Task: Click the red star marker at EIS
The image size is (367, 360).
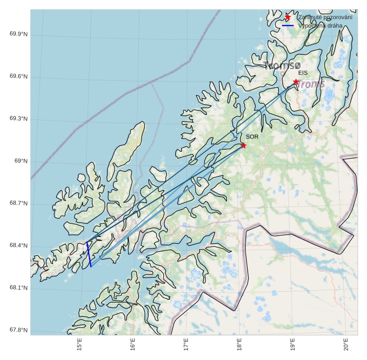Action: tap(296, 82)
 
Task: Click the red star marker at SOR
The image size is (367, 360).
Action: tap(243, 145)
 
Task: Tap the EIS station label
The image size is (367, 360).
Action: tap(303, 73)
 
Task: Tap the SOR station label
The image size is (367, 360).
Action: tap(252, 137)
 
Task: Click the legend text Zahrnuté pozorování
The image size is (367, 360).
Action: tap(325, 17)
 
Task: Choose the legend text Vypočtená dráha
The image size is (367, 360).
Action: tap(320, 25)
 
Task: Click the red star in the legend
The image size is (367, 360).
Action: tap(288, 17)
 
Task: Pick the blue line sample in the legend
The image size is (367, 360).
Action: tap(288, 25)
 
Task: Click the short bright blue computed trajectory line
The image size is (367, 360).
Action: tap(89, 255)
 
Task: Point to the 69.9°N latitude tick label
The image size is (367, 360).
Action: tap(18, 34)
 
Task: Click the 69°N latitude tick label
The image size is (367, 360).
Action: tap(21, 161)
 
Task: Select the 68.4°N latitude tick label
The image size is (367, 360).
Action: tap(18, 246)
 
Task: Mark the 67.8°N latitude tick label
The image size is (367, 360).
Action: tap(18, 330)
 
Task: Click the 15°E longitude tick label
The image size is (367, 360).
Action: tap(80, 344)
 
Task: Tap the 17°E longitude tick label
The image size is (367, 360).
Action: tap(186, 344)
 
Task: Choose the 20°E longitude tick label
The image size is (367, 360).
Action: tap(346, 344)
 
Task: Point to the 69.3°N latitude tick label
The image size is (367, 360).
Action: tap(18, 119)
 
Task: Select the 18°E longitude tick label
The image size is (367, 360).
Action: tap(240, 344)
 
